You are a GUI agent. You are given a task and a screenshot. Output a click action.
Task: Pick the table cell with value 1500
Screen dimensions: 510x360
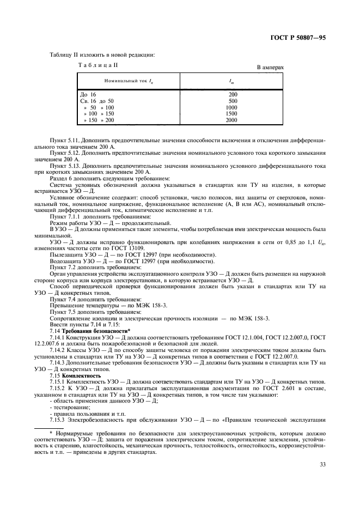[x=231, y=113]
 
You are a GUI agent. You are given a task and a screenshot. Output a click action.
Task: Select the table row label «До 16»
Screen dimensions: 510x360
[x=88, y=94]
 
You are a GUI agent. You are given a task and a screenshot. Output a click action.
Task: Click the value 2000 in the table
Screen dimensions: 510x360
[x=231, y=120]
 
